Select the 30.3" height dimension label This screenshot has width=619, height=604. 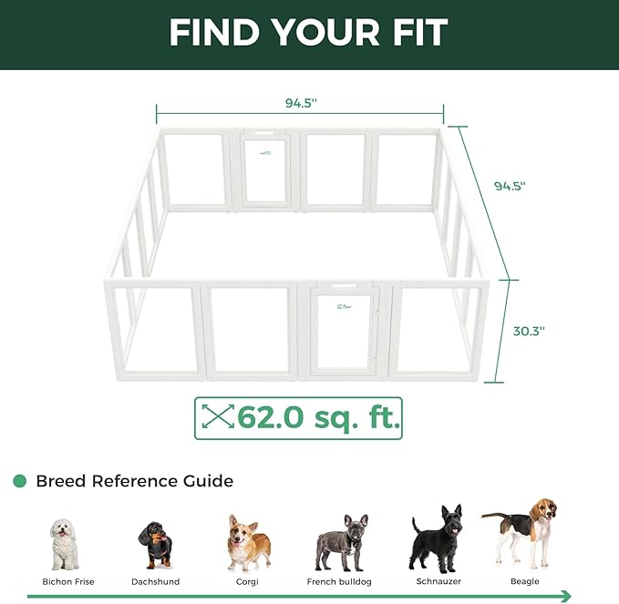pos(528,332)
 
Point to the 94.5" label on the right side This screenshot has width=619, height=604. pos(511,186)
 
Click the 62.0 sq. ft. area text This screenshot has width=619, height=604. pos(318,417)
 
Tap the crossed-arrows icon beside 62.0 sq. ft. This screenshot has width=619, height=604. pos(217,417)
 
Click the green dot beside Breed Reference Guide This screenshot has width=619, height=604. pos(19,481)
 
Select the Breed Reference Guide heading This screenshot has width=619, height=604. pos(134,481)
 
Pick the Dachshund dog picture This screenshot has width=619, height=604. pos(155,545)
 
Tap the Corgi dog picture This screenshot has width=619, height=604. pos(248,542)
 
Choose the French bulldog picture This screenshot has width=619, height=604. pos(341,542)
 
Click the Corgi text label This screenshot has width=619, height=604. pos(248,581)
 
